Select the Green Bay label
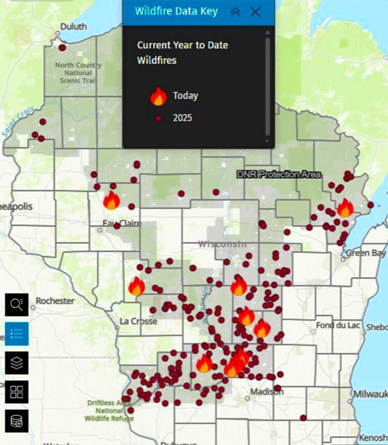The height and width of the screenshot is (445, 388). click(x=365, y=253)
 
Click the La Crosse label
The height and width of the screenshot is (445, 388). click(x=138, y=321)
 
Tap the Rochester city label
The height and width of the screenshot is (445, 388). click(x=55, y=301)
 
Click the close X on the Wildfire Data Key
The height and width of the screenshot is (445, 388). click(x=255, y=12)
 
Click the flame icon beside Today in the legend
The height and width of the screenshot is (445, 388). click(x=158, y=96)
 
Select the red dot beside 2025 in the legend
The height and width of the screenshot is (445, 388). click(x=158, y=118)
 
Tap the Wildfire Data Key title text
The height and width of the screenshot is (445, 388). click(x=176, y=11)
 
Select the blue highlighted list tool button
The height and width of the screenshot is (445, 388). click(x=17, y=333)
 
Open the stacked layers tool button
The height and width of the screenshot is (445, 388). click(x=17, y=362)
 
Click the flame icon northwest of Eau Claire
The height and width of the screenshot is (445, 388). click(x=111, y=200)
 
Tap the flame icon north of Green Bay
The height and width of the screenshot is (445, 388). click(x=345, y=208)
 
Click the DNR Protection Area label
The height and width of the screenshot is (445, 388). click(x=279, y=175)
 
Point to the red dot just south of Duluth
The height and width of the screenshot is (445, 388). click(x=62, y=48)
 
